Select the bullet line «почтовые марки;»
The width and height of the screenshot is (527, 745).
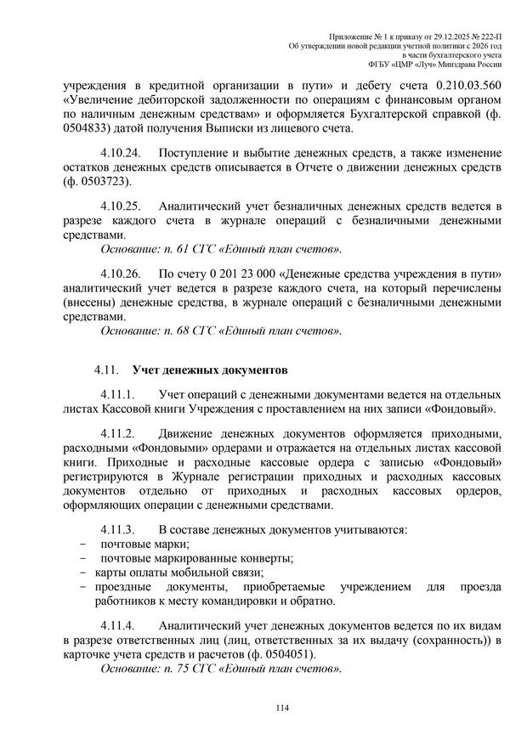coord(145,544)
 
